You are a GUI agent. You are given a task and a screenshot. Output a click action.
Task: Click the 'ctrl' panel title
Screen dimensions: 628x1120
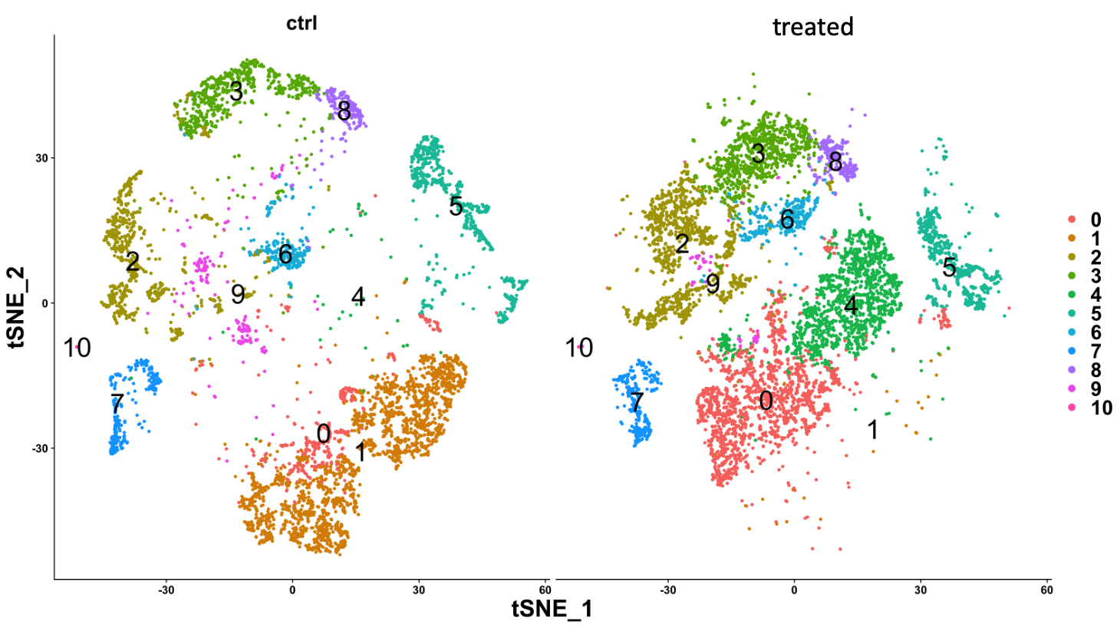[301, 23]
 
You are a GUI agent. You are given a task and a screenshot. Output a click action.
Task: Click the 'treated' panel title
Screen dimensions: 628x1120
[812, 27]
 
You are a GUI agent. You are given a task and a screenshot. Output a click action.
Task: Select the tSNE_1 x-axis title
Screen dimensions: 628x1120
[552, 609]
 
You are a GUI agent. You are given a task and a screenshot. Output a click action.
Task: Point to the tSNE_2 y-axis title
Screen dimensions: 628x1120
[17, 307]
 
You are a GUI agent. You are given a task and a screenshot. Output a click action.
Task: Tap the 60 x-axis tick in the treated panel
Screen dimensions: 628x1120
[1046, 590]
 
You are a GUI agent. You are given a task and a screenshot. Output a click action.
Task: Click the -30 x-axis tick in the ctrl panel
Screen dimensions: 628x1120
[166, 590]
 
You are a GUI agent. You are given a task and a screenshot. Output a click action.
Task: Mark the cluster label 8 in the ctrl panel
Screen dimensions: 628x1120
[344, 111]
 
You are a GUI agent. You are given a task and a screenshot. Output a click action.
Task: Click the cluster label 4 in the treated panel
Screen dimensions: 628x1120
[850, 306]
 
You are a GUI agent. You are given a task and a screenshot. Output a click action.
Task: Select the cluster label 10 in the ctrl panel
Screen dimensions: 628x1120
[77, 348]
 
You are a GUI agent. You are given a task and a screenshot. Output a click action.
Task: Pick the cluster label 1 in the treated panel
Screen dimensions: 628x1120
[872, 430]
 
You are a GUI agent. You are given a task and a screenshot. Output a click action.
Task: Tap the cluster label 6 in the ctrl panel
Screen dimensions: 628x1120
[285, 254]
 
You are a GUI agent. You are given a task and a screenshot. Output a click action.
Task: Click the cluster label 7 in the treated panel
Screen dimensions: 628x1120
[636, 401]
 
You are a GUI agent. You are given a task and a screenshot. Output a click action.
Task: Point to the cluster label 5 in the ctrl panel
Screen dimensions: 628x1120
[456, 206]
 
